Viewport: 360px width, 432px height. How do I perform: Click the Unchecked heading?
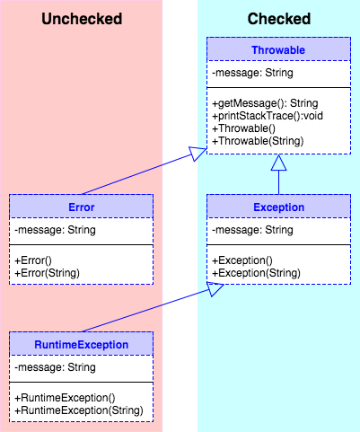tap(82, 19)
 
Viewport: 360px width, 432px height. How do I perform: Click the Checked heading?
tap(279, 19)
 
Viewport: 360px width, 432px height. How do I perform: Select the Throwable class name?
tap(278, 50)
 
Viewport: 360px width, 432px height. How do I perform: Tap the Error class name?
tap(81, 207)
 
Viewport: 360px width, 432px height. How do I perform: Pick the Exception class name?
tap(278, 207)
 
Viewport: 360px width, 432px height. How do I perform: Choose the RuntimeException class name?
tap(81, 344)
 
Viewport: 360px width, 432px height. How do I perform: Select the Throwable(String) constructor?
tap(259, 141)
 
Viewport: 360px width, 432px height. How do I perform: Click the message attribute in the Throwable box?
tap(252, 74)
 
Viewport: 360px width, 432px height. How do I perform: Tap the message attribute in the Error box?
tap(55, 230)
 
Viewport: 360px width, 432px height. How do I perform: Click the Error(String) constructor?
tap(45, 272)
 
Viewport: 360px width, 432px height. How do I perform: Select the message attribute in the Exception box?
tap(252, 230)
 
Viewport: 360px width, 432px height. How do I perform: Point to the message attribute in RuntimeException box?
tap(55, 367)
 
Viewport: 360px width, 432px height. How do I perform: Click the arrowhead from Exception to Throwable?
tap(278, 163)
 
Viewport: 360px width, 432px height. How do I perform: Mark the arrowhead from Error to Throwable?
tap(199, 155)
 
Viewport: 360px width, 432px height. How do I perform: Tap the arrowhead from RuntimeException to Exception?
tap(215, 287)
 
